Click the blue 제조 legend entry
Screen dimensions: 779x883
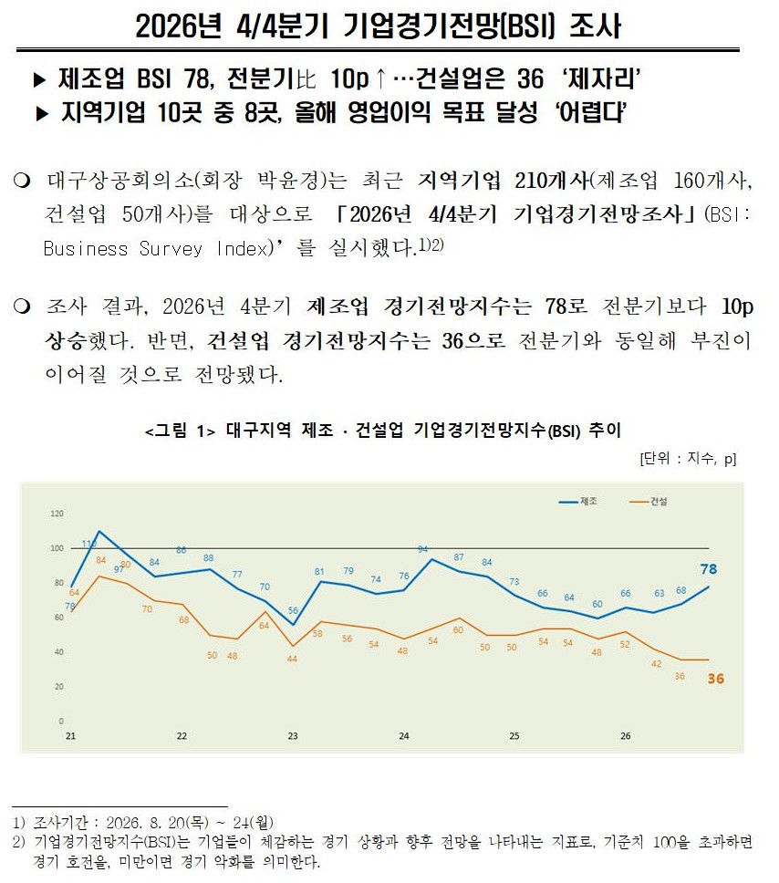click(x=578, y=501)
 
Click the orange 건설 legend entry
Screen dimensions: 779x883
click(x=649, y=501)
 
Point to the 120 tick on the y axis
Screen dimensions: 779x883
click(x=57, y=514)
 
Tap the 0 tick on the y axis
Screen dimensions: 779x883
click(x=61, y=721)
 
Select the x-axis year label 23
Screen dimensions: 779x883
click(x=293, y=736)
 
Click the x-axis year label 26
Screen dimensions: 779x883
click(x=625, y=736)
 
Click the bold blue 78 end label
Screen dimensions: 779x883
click(x=709, y=569)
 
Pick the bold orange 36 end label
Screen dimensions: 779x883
click(x=716, y=679)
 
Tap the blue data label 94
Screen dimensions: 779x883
click(x=422, y=549)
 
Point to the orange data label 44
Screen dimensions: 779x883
click(x=292, y=659)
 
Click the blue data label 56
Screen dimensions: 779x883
click(x=293, y=610)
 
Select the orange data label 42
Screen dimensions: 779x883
click(x=656, y=664)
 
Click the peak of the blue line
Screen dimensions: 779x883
click(x=99, y=531)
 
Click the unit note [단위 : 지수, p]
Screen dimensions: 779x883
click(x=688, y=459)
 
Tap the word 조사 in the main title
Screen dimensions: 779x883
click(x=595, y=26)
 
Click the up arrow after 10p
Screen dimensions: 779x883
click(x=380, y=78)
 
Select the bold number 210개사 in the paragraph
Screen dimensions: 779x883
click(x=552, y=181)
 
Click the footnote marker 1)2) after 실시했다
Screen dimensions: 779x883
click(x=431, y=244)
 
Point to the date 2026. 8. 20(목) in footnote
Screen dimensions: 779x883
click(x=157, y=823)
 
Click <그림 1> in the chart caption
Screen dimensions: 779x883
click(x=181, y=431)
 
